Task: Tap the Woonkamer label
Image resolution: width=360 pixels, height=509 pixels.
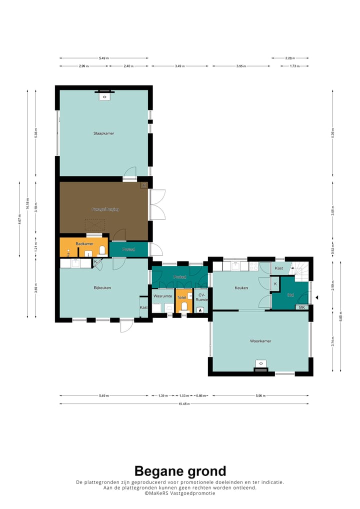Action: coord(260,341)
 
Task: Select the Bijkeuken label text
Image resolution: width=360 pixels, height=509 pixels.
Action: coord(102,287)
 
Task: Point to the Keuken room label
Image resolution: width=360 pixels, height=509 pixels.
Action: coord(242,288)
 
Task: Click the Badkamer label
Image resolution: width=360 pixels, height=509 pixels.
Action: coord(84,243)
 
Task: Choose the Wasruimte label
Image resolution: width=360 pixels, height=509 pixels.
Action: coord(162,296)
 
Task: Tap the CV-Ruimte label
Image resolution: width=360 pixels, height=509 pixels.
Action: coord(201,297)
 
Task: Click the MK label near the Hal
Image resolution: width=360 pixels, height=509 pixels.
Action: coord(301,307)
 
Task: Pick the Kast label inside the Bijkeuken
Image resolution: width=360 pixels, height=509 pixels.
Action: coord(143,307)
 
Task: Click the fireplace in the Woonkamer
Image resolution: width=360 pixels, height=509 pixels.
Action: coord(260,365)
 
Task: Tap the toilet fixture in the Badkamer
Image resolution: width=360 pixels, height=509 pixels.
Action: coord(102,250)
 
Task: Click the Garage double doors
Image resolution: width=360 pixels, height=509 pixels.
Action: coord(157,204)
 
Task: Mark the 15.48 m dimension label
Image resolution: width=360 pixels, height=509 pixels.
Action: coord(183,403)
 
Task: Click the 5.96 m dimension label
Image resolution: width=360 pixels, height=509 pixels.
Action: coord(259,395)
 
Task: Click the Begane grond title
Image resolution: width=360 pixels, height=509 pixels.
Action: coord(180,470)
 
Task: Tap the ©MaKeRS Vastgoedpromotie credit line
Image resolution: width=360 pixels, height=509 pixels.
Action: coord(180,493)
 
